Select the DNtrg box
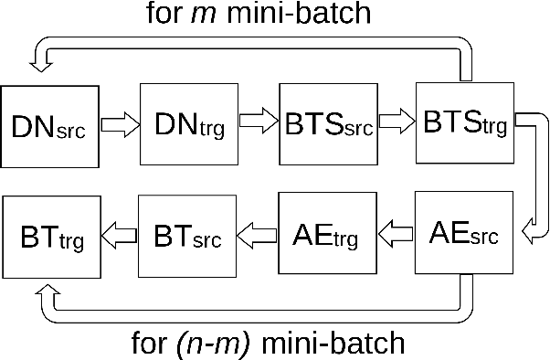point(186,124)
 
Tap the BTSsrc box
point(326,124)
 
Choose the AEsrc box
point(463,235)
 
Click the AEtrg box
point(326,235)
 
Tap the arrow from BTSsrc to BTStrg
point(396,123)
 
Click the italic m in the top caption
point(228,14)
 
